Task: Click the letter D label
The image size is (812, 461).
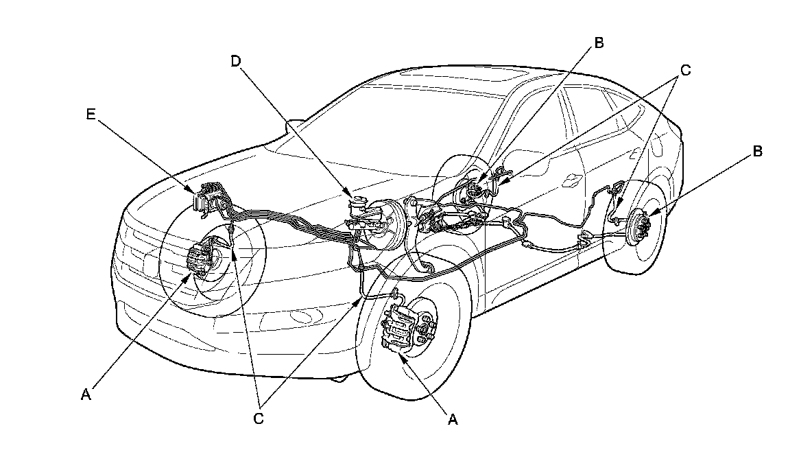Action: (236, 61)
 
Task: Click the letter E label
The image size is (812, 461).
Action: (91, 115)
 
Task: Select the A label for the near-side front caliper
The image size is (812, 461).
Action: (452, 419)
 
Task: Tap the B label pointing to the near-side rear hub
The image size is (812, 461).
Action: (757, 152)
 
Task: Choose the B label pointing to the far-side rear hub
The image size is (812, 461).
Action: (599, 43)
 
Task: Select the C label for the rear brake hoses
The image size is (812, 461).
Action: (685, 70)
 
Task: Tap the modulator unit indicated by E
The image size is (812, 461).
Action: (211, 197)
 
